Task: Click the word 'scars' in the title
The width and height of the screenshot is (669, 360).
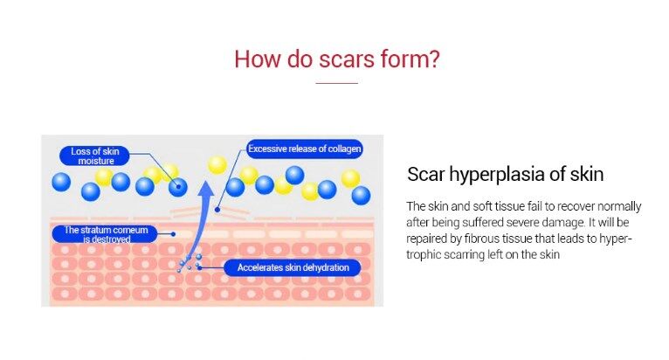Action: [x=347, y=59]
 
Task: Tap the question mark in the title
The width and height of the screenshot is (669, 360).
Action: [x=434, y=59]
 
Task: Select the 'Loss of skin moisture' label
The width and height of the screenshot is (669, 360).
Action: [x=94, y=156]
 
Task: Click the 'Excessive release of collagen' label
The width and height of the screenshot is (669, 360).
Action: [x=304, y=149]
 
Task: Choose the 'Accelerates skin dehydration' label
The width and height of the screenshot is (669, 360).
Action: [x=293, y=267]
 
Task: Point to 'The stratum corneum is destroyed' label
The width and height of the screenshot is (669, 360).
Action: [x=105, y=234]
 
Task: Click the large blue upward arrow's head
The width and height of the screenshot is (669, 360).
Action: [x=206, y=190]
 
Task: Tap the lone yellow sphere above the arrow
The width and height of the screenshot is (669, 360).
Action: [x=217, y=165]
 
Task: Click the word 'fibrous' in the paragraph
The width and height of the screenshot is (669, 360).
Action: [x=481, y=239]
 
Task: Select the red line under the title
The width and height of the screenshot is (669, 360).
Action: [x=336, y=83]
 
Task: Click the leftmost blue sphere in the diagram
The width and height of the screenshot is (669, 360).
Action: [x=61, y=182]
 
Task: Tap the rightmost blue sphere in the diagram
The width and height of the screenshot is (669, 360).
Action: [x=361, y=196]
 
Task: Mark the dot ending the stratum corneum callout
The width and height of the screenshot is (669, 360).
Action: [x=173, y=234]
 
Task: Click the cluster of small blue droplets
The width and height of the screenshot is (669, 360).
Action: [x=190, y=263]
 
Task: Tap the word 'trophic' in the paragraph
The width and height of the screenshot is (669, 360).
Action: [x=424, y=254]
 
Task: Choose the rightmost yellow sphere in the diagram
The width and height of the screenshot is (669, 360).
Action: [x=351, y=178]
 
